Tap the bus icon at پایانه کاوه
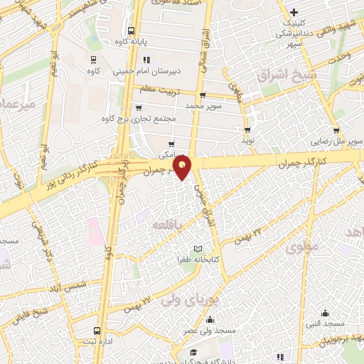[x=130, y=31]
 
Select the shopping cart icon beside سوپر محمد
[x=203, y=95]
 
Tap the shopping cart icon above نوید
[x=247, y=130]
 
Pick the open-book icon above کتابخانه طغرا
[x=198, y=249]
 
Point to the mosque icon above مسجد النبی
[x=325, y=312]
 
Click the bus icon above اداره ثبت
[x=97, y=331]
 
